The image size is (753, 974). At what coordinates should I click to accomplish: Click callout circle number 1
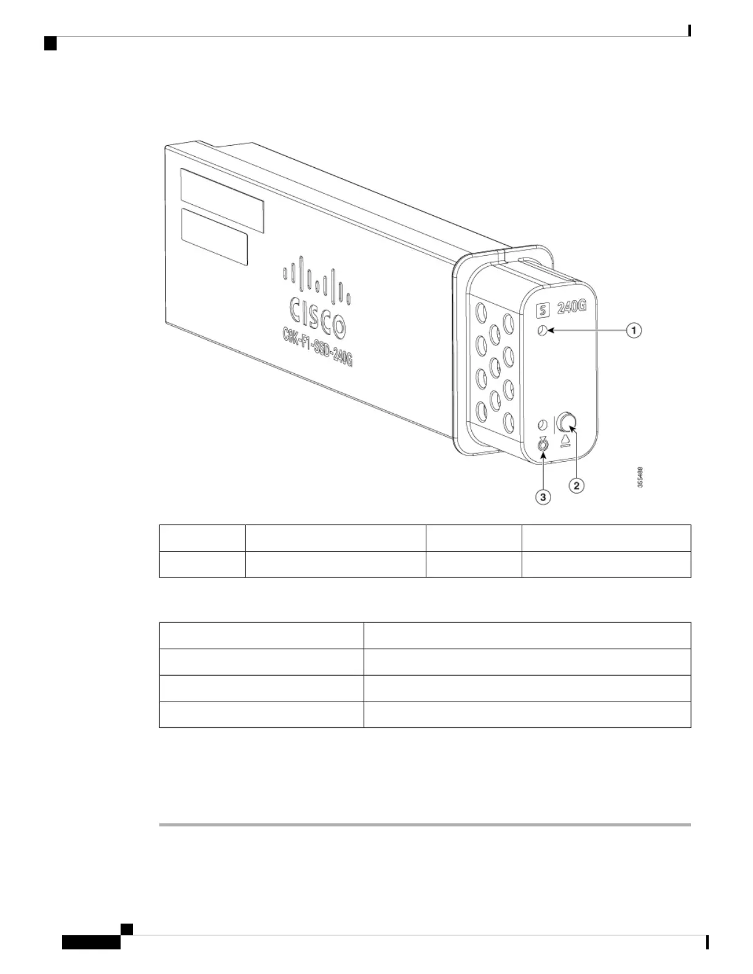pyautogui.click(x=634, y=331)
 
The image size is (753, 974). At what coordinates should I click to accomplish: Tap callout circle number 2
pyautogui.click(x=576, y=486)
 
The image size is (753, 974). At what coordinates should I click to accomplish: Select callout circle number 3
pyautogui.click(x=543, y=497)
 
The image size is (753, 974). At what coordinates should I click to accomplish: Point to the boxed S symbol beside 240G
pyautogui.click(x=543, y=310)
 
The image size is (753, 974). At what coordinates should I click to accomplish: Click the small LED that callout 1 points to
pyautogui.click(x=542, y=331)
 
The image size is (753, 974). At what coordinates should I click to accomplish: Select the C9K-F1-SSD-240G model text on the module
pyautogui.click(x=313, y=350)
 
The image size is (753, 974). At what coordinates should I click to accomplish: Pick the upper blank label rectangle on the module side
pyautogui.click(x=222, y=200)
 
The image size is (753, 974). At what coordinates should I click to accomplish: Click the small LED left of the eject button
pyautogui.click(x=543, y=425)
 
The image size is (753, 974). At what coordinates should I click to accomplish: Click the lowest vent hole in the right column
pyautogui.click(x=508, y=421)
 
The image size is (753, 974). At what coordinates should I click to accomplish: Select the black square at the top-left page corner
pyautogui.click(x=50, y=43)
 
